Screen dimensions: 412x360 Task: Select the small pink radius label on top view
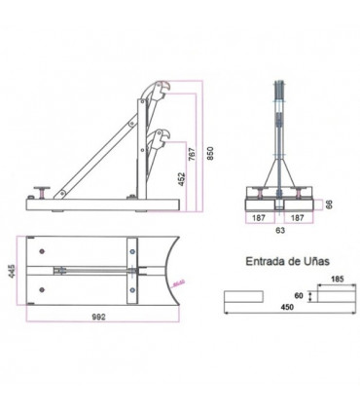(177, 282)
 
